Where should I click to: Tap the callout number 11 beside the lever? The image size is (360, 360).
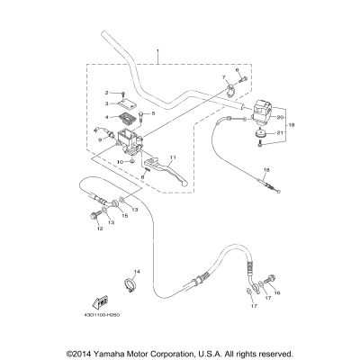173,158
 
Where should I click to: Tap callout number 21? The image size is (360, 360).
280,133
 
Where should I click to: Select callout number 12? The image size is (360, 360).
100,229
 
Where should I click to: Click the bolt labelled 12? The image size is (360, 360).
94,214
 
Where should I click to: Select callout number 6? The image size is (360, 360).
238,69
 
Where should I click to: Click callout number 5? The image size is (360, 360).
152,113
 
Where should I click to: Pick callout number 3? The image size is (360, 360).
105,104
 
